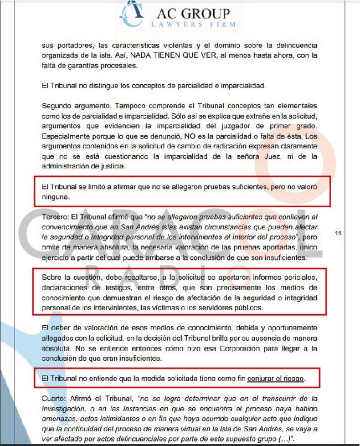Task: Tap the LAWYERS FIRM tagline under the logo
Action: coord(193,24)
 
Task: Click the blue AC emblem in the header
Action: coord(132,14)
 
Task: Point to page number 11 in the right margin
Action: coord(338,233)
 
